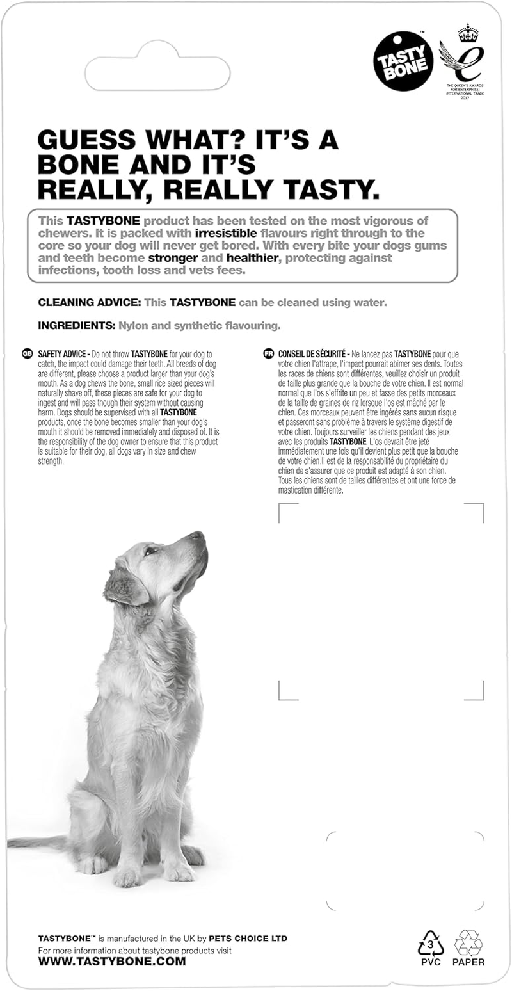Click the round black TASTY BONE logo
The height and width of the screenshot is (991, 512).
403,61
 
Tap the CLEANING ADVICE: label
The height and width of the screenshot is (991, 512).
89,302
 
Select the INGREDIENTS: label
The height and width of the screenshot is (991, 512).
76,326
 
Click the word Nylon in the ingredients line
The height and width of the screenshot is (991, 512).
132,326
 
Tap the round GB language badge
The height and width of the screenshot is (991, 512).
28,353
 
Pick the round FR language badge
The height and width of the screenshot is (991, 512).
268,353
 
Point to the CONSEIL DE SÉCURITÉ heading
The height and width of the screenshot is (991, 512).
312,354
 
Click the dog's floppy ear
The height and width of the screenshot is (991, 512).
123,585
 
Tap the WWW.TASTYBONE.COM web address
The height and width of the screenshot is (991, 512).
112,961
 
